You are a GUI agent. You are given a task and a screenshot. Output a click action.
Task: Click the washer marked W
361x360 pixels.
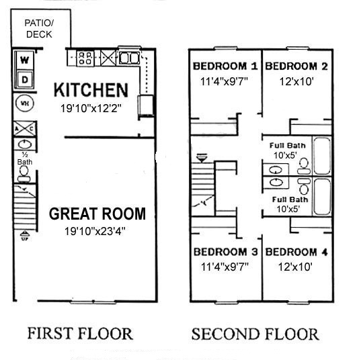(x=25, y=60)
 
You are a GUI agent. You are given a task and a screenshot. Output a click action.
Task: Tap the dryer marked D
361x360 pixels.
(x=25, y=80)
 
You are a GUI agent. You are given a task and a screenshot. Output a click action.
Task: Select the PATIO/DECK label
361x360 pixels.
(x=39, y=28)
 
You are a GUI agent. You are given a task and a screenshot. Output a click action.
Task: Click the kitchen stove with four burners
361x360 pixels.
(x=85, y=58)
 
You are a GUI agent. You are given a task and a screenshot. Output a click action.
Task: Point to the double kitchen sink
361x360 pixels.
(x=129, y=58)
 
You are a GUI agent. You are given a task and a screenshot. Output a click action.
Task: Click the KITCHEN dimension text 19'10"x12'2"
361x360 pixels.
(x=91, y=108)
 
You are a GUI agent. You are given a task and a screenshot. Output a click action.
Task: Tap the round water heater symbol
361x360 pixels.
(x=25, y=103)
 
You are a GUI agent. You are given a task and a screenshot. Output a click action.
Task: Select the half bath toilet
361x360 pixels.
(x=24, y=174)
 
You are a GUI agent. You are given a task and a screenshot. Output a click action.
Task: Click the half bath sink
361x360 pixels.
(x=25, y=144)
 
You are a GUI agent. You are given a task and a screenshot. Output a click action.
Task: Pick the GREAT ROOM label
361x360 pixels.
(x=97, y=214)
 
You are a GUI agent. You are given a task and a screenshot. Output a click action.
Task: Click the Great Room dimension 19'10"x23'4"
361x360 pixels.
(x=95, y=231)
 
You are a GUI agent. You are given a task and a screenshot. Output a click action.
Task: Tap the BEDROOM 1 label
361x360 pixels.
(x=225, y=66)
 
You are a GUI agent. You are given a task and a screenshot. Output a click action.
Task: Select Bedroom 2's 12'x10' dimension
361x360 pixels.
(x=296, y=81)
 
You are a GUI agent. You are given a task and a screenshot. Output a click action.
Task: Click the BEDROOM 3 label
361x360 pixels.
(x=225, y=252)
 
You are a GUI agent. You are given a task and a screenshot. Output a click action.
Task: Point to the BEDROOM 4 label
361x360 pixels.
(x=296, y=252)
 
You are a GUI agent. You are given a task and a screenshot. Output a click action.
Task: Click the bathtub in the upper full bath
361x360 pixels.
(x=322, y=156)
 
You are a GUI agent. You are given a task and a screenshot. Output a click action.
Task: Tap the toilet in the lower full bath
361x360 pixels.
(x=304, y=186)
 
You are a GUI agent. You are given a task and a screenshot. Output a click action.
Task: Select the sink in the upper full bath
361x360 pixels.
(x=276, y=170)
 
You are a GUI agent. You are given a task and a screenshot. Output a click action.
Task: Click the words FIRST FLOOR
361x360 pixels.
(x=80, y=334)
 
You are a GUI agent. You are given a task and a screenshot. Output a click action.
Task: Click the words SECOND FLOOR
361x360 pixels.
(x=255, y=334)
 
